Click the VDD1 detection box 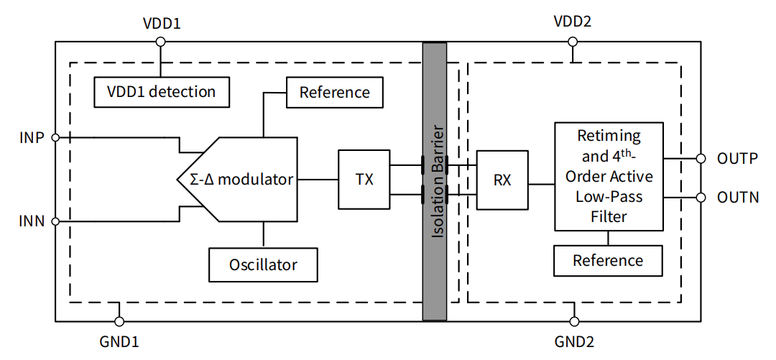coord(162,91)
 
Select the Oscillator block coord(263,264)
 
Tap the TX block coord(364,179)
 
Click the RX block coord(502,180)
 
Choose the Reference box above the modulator coord(334,92)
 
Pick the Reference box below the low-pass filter coord(608,260)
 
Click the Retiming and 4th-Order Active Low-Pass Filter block coord(609,176)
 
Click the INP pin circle coord(55,137)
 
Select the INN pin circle coord(55,221)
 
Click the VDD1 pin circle coord(161,42)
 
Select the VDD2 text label coord(573,21)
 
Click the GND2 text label coord(574,341)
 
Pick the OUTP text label coord(737,159)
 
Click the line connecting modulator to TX coord(317,179)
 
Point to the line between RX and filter coord(541,184)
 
